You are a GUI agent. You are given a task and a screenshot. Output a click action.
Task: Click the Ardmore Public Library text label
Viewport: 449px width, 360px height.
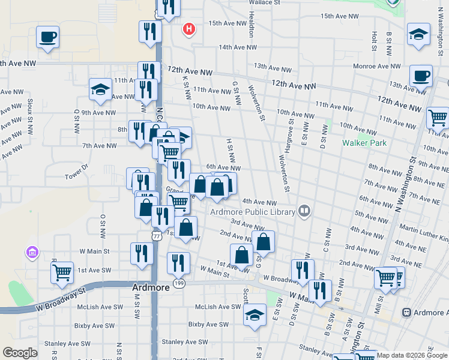252,211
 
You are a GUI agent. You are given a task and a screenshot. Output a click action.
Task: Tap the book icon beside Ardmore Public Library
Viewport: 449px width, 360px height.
305,211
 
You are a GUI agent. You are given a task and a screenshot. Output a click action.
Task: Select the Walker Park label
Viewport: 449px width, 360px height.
364,143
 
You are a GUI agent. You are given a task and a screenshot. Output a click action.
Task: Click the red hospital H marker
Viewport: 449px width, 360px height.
190,28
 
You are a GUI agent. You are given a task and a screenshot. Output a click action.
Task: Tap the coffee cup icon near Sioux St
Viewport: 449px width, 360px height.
47,37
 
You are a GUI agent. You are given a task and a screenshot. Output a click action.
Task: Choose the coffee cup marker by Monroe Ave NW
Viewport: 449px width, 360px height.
421,76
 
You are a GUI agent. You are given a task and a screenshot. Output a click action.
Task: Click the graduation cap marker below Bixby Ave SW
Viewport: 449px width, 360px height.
255,314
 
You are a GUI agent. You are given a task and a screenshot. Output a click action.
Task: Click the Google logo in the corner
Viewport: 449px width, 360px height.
20,353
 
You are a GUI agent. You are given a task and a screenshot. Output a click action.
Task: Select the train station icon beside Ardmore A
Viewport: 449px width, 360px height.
406,313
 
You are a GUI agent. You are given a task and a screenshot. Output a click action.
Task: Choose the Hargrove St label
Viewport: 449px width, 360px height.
291,131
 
